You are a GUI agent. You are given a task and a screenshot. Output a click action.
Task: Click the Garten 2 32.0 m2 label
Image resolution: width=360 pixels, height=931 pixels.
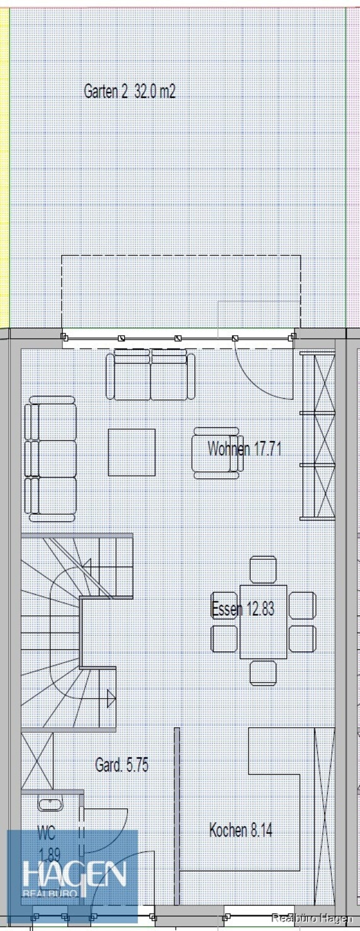click(130, 91)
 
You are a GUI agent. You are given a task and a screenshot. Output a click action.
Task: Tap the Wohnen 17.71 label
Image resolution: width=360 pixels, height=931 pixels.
click(244, 449)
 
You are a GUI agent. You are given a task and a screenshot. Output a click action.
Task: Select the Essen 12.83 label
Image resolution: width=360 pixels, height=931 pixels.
click(243, 609)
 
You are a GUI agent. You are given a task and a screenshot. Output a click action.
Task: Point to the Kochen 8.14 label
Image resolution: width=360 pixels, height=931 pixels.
click(240, 830)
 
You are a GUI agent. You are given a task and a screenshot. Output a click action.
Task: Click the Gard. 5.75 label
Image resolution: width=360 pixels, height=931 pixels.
click(121, 765)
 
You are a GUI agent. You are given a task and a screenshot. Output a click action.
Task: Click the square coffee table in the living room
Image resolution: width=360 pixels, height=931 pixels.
click(132, 452)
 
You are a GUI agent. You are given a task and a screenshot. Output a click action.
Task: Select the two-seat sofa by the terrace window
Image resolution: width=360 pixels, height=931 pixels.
click(150, 374)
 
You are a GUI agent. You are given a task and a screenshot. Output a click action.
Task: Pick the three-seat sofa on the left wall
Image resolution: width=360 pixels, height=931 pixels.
click(50, 459)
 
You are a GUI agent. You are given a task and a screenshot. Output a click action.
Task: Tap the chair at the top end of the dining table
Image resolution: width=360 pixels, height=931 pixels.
click(263, 570)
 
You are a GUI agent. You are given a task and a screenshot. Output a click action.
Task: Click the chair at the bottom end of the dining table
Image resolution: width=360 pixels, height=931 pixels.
click(263, 673)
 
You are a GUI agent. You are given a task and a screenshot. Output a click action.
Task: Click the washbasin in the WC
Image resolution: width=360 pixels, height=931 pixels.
click(50, 804)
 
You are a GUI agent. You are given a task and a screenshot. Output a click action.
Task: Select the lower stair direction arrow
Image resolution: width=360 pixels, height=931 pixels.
click(111, 698)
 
